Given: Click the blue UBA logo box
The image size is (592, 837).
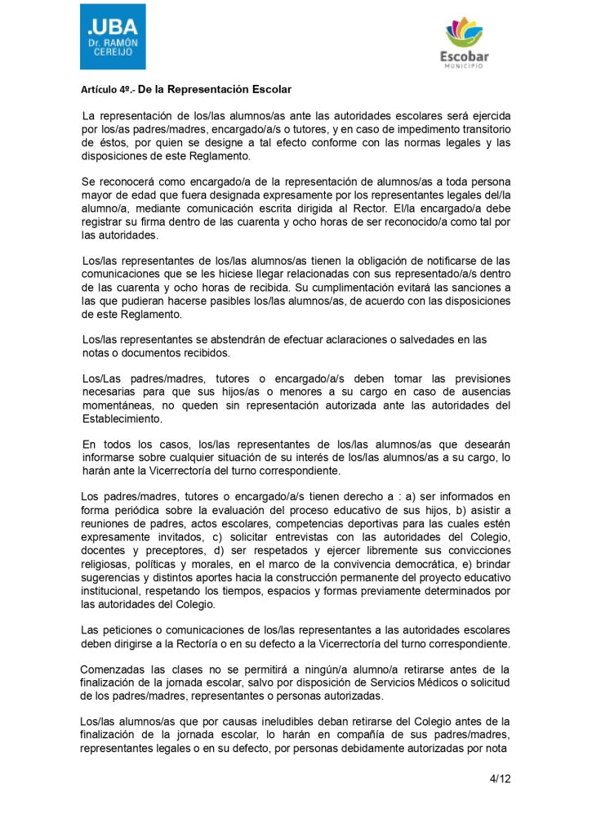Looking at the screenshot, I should click(x=113, y=37).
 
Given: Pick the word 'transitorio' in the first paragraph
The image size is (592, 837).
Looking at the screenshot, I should click(x=479, y=130).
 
